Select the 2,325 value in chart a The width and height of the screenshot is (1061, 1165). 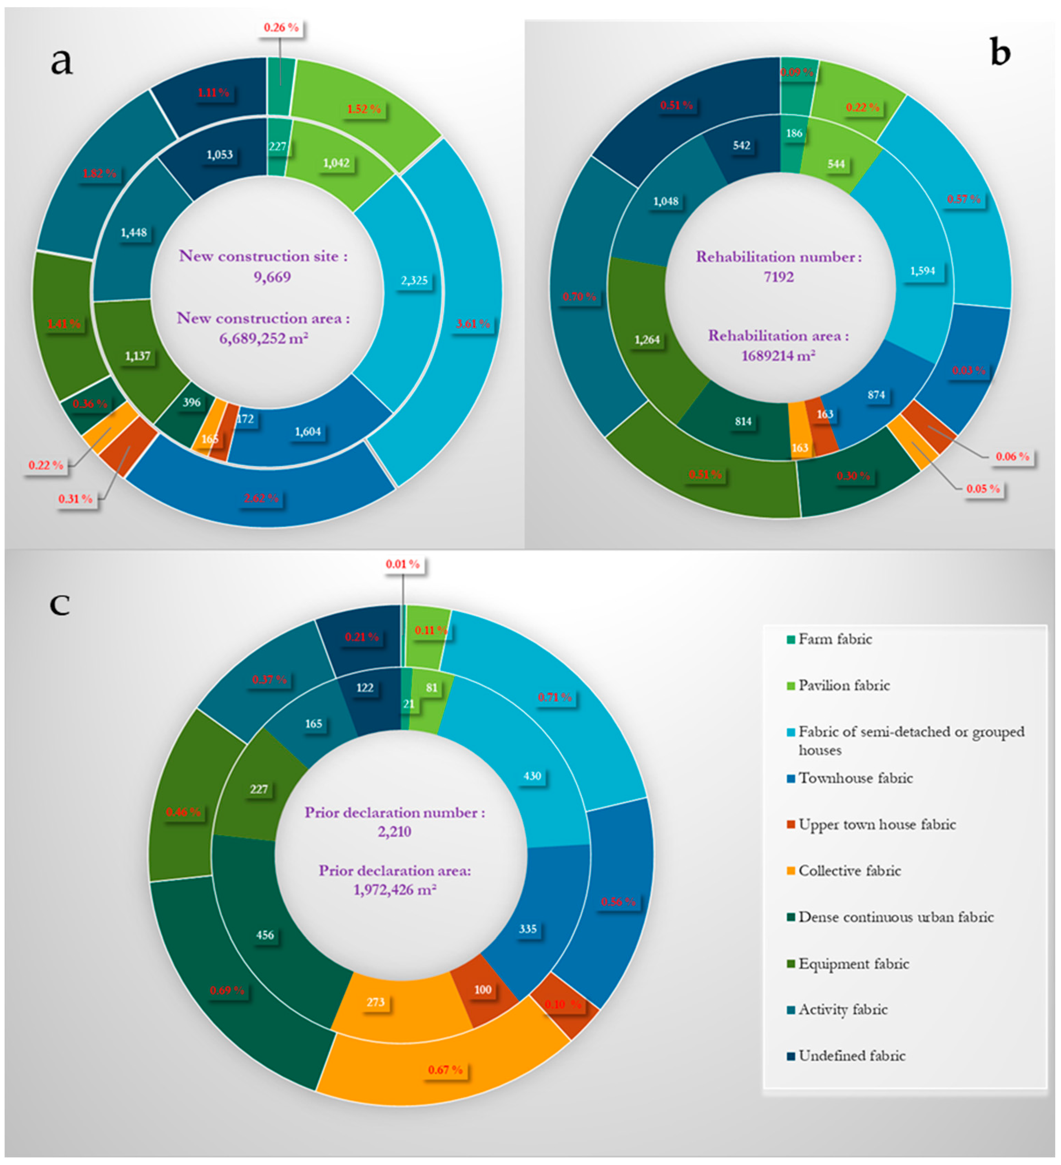pyautogui.click(x=414, y=280)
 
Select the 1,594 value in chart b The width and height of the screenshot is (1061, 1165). pyautogui.click(x=922, y=270)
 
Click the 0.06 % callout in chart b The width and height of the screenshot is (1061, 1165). pyautogui.click(x=1012, y=456)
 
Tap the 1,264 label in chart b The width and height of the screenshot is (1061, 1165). pyautogui.click(x=647, y=339)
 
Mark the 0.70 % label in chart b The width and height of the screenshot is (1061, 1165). pyautogui.click(x=579, y=297)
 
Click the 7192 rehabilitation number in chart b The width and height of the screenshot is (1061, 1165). pyautogui.click(x=779, y=277)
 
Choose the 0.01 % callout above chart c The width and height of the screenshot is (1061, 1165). pyautogui.click(x=403, y=564)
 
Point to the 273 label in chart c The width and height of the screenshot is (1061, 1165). pyautogui.click(x=375, y=1002)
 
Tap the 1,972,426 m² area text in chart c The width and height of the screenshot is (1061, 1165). pyautogui.click(x=395, y=889)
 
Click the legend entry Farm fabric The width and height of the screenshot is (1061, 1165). pyautogui.click(x=835, y=639)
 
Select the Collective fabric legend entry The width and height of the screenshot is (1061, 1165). pyautogui.click(x=849, y=871)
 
